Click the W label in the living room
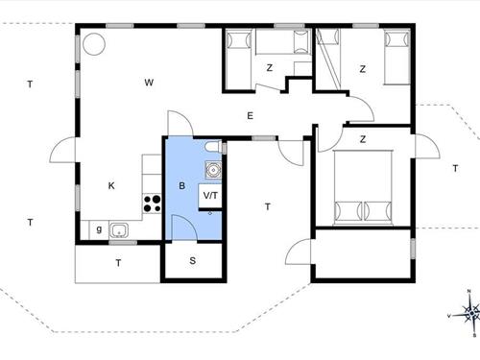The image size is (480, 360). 149,83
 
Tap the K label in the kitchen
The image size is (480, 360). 111,185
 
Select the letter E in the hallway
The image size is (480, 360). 251,115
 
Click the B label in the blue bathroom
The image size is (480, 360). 182,185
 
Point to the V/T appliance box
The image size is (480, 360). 210,196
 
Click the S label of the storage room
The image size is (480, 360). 193,261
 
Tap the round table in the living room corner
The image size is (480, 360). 94,44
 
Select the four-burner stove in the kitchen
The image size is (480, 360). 152,204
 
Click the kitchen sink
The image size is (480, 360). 119,230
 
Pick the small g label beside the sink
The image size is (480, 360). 99,229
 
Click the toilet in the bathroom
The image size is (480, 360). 213,147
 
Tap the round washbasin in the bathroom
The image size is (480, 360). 213,170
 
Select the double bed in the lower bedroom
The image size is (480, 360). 363,187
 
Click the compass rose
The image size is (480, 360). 470,313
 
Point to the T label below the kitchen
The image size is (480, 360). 118,263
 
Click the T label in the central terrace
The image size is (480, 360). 268,206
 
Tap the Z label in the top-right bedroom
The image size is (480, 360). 363,69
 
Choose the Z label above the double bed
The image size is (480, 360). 363,139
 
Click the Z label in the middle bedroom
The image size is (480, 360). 270,68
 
